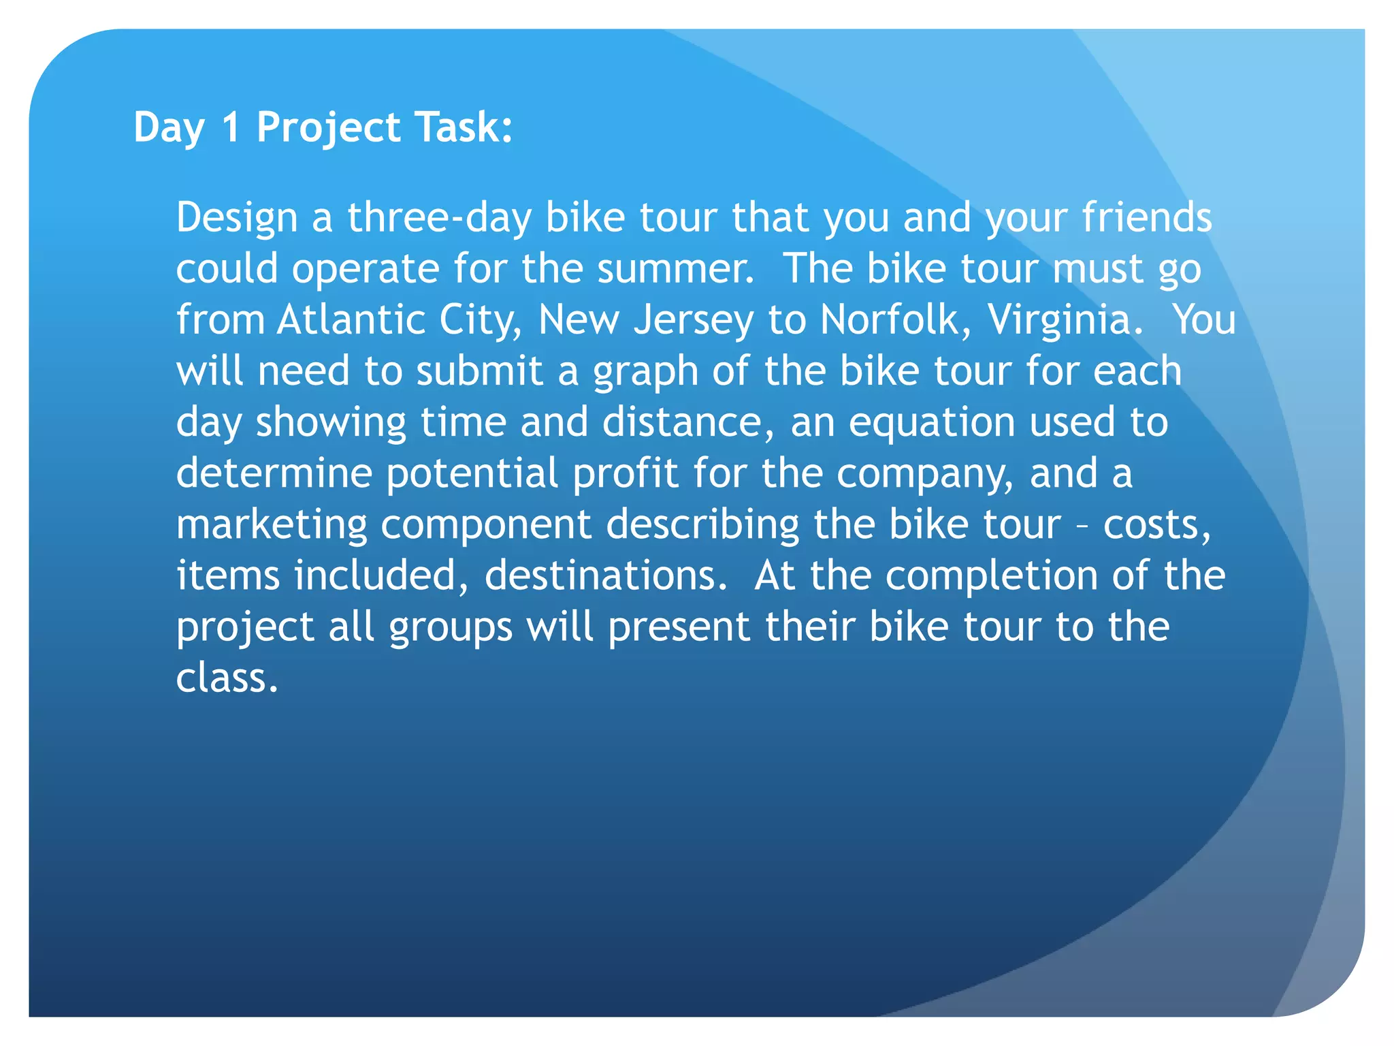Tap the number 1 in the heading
[231, 127]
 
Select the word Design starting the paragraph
[237, 218]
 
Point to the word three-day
[439, 218]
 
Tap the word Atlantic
[351, 319]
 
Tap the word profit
[625, 473]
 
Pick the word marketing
[272, 526]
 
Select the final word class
[227, 678]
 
